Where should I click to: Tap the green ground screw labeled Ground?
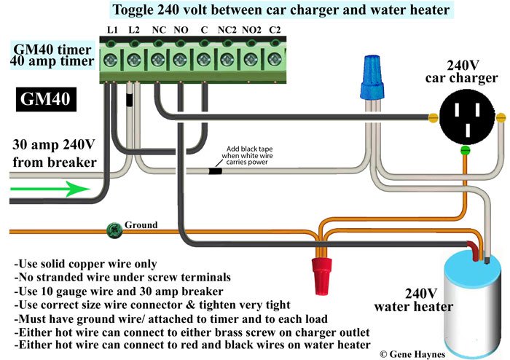point(114,227)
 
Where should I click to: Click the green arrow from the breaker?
point(50,189)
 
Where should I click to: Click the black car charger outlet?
point(466,114)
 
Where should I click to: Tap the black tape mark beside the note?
point(216,171)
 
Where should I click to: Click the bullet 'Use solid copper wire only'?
point(86,262)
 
